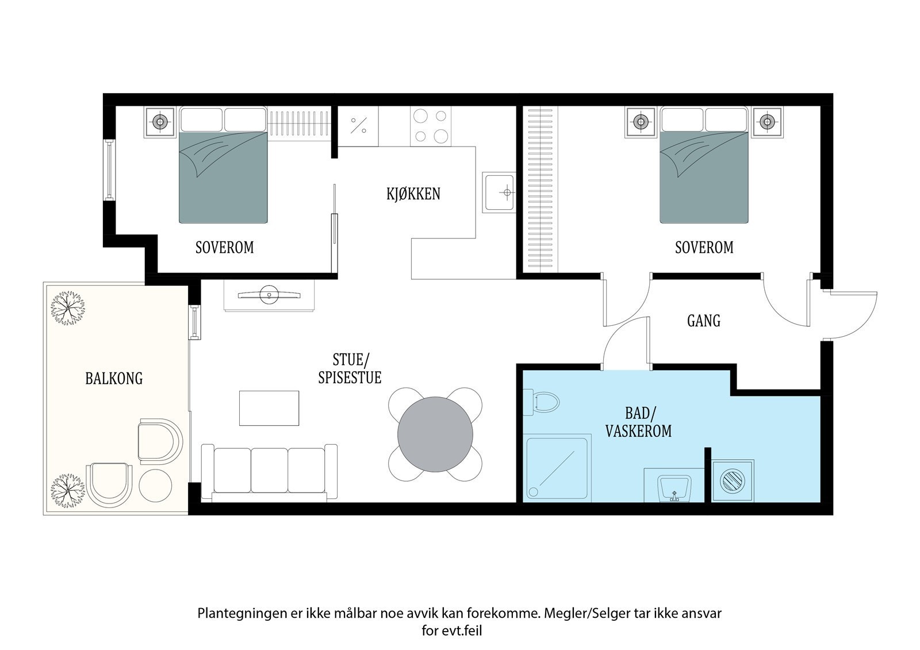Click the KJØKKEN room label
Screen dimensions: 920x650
point(413,194)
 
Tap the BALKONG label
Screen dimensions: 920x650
point(114,378)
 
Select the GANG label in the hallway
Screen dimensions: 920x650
point(704,321)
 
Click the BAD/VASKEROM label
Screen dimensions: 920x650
point(638,422)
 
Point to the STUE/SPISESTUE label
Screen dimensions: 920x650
point(350,369)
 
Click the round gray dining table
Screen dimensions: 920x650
point(435,434)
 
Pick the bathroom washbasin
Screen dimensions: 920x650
point(674,489)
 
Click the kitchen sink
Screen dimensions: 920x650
point(499,192)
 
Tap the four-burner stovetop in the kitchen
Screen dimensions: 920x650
point(431,126)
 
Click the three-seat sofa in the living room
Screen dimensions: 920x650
point(269,473)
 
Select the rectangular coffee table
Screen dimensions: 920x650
point(269,408)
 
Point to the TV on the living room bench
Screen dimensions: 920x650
point(269,294)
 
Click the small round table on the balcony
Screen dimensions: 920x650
point(155,486)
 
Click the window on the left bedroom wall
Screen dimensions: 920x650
point(109,170)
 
